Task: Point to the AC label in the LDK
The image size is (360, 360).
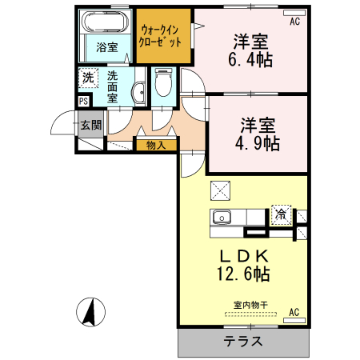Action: click(294, 312)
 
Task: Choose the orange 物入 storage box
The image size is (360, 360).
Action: click(156, 145)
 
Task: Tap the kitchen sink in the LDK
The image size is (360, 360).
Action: click(222, 217)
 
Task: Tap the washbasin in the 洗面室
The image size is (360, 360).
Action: click(139, 93)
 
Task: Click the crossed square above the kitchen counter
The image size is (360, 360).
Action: click(221, 190)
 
